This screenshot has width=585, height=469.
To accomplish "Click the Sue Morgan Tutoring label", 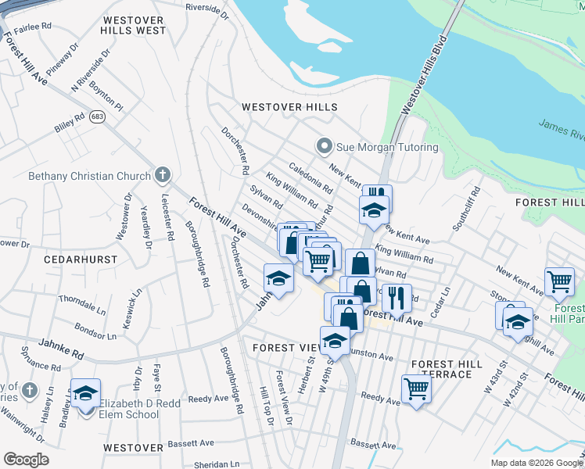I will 387,147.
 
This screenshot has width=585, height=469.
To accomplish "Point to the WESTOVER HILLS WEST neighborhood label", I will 134,24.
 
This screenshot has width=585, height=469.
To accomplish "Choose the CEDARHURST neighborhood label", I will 81,259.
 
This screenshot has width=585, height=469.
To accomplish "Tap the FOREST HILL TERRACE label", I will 442,369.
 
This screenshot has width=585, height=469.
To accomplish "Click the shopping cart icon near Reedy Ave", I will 416,388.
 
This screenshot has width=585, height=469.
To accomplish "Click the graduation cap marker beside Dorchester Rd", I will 278,277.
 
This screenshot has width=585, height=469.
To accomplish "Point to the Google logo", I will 26,460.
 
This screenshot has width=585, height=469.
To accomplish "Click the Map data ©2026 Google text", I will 537,463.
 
